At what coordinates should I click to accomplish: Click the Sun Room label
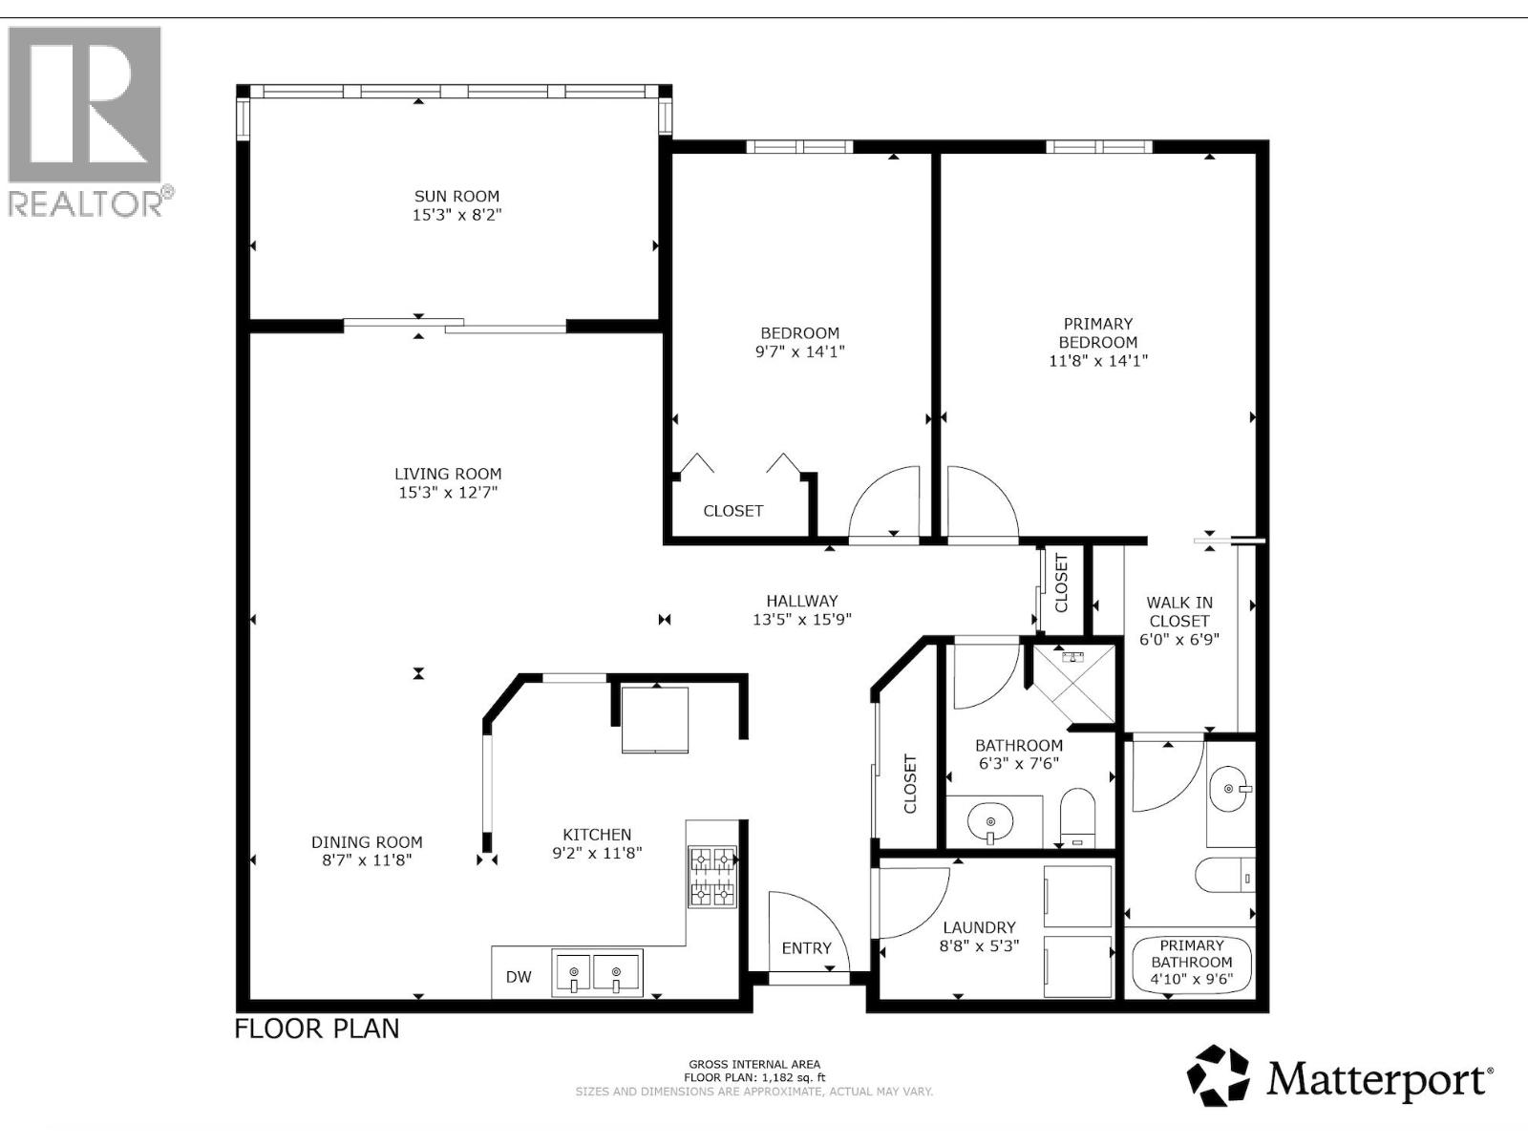(456, 197)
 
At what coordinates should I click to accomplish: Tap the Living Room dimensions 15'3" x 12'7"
(448, 493)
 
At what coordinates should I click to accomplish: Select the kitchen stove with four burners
(712, 877)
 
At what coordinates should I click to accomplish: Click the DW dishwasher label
(519, 977)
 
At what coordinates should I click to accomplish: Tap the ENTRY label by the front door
(806, 948)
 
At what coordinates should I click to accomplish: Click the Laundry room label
(979, 927)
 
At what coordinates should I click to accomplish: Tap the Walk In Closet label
(1179, 611)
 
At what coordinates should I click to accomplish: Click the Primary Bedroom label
(1097, 333)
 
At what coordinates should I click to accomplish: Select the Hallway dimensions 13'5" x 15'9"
(801, 619)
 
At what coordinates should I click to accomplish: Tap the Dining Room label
(367, 842)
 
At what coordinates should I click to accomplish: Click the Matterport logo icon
(1218, 1076)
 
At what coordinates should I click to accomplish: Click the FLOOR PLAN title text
(317, 1029)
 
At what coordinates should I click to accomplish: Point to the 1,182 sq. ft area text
(754, 1077)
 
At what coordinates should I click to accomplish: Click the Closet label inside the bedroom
(732, 511)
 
